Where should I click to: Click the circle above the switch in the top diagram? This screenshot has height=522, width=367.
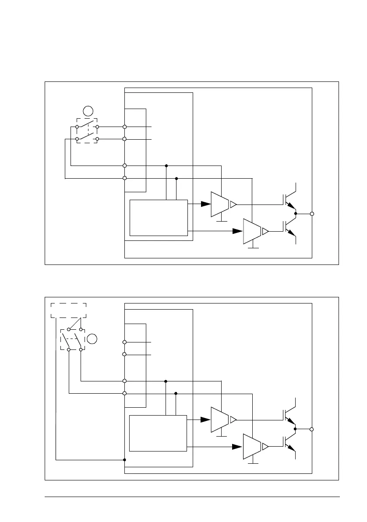pos(88,111)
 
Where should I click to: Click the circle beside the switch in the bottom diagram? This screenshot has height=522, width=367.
pos(92,338)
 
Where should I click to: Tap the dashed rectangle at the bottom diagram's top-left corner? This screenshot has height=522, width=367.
pos(69,310)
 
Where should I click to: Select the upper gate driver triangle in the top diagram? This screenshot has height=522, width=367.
pos(220,204)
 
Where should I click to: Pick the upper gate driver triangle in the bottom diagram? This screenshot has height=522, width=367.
pos(220,420)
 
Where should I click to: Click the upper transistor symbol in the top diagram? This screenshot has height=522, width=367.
pos(289,198)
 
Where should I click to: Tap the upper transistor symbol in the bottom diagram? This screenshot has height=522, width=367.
pos(289,414)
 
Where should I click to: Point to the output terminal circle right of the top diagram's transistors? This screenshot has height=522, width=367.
pos(312,214)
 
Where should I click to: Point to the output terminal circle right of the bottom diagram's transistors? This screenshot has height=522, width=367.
pos(312,429)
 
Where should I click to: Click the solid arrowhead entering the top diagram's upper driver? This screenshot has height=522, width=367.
pos(205,204)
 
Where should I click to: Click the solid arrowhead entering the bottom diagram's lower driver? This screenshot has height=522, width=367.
pos(237,447)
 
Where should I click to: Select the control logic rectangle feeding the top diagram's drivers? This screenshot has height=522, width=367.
pos(159,218)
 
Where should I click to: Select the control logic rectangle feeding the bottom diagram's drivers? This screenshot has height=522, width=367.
pos(158,433)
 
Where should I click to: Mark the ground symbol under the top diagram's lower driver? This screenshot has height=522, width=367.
pos(253,248)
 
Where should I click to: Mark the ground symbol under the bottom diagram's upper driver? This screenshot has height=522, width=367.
pos(222,436)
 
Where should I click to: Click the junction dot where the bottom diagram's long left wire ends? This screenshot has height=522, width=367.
pos(125,460)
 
